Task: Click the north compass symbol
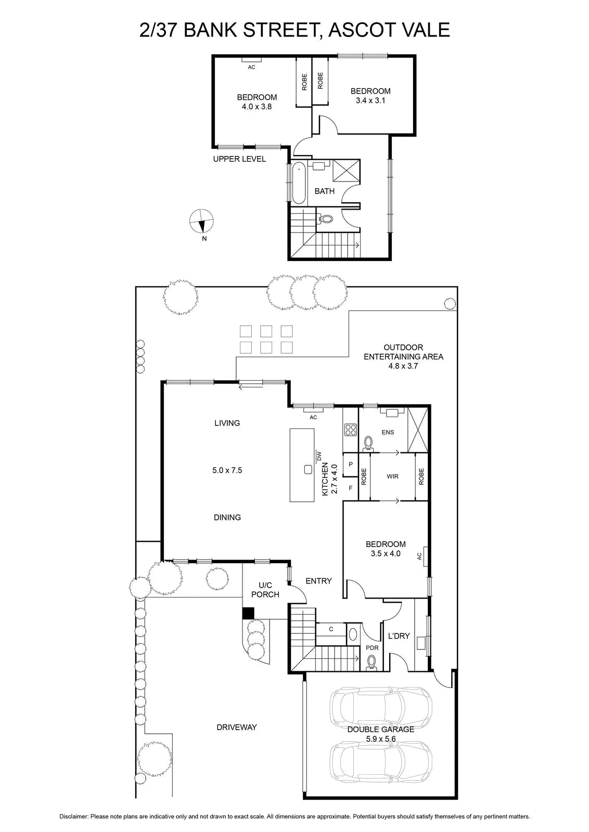[x=201, y=222]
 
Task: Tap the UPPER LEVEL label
[x=239, y=159]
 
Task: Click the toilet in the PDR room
[x=371, y=670]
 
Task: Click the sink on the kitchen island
[x=308, y=470]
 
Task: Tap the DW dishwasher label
[x=318, y=455]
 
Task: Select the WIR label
[x=392, y=476]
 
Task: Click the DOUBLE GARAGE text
[x=380, y=729]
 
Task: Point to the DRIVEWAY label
[x=237, y=727]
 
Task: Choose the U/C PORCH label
[x=265, y=590]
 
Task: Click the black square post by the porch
[x=248, y=613]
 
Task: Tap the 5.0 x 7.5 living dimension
[x=227, y=470]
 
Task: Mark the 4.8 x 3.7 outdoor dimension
[x=403, y=366]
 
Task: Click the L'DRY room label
[x=399, y=636]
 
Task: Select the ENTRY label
[x=318, y=581]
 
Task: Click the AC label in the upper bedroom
[x=252, y=67]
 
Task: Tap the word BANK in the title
[x=210, y=30]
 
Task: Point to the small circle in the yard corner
[x=450, y=304]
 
